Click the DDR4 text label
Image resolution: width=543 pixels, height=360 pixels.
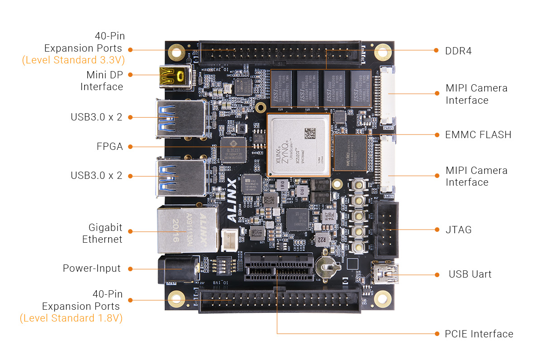[x=458, y=51]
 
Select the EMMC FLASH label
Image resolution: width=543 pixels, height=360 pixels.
[x=478, y=134]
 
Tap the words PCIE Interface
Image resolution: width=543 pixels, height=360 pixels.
[x=479, y=334]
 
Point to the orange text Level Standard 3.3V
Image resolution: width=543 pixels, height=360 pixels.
[x=73, y=60]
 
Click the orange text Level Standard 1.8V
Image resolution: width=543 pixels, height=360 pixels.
[x=71, y=318]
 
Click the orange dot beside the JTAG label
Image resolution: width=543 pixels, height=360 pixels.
[x=437, y=230]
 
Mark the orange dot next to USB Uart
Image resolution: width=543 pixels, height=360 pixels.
[x=437, y=274]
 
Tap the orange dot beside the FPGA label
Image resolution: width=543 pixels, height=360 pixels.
[x=130, y=147]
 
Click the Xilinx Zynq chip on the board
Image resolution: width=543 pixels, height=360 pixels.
[x=298, y=145]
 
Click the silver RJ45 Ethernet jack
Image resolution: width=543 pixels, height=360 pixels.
[x=186, y=230]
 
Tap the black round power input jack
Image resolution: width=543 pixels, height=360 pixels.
[x=178, y=269]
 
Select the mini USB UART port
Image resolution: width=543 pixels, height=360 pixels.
[x=385, y=274]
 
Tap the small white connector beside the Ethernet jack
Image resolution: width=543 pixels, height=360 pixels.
[x=228, y=239]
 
